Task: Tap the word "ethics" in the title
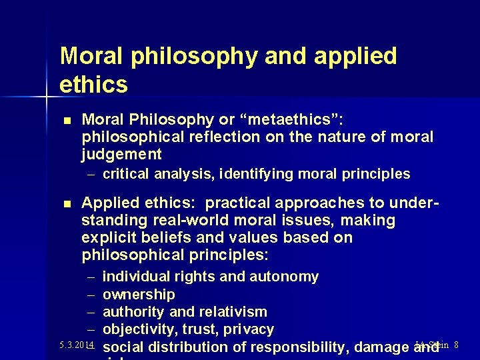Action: point(93,85)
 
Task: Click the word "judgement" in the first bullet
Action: point(121,155)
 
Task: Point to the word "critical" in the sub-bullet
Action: point(127,174)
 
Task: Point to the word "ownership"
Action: point(139,294)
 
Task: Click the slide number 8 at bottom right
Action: point(456,345)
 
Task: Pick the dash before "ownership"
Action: point(91,295)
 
